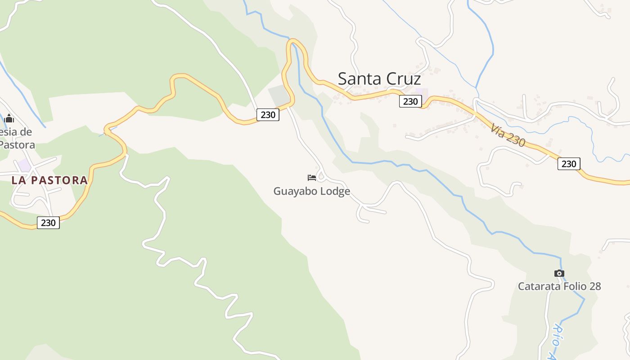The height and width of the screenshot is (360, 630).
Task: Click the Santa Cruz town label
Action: click(379, 79)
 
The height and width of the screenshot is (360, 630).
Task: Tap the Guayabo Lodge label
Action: click(311, 191)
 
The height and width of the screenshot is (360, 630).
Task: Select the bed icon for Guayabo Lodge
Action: click(311, 178)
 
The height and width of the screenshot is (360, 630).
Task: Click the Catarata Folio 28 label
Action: click(559, 286)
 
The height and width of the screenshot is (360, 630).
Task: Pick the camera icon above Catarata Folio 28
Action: click(559, 273)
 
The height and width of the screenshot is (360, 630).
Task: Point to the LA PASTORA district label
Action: click(49, 180)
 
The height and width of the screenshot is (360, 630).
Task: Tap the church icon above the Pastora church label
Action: click(9, 119)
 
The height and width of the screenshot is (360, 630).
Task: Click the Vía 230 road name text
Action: click(508, 135)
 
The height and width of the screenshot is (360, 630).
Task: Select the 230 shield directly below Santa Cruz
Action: click(410, 101)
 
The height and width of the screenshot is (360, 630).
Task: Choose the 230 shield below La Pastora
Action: click(48, 222)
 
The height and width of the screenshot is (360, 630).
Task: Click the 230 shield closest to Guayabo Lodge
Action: click(268, 115)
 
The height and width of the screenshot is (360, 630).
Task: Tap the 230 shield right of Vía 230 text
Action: click(569, 163)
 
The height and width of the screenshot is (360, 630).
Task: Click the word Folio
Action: click(571, 286)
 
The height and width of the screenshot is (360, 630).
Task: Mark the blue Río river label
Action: click(558, 335)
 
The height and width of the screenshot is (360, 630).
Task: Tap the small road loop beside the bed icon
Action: click(321, 176)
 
